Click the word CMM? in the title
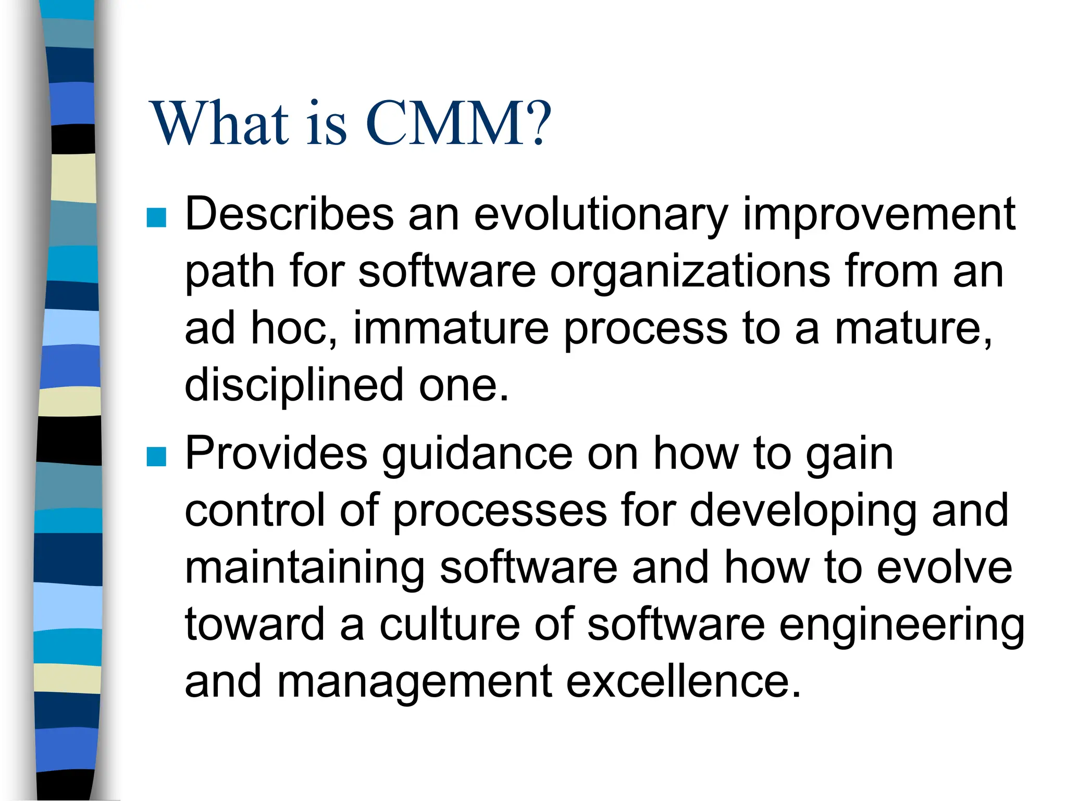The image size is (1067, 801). pos(458,124)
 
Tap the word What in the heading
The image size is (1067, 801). pos(219,124)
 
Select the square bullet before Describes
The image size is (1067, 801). pos(156,218)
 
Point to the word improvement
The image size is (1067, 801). pos(878,215)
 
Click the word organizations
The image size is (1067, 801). pos(690,272)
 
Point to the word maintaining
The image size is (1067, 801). pos(304,568)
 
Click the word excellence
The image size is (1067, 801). pos(683,682)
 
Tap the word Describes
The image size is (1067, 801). pos(290,215)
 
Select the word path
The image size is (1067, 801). pos(229,272)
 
